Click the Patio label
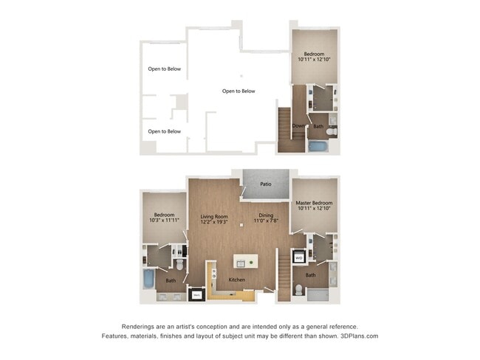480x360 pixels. [264, 184]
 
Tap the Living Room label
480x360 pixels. [213, 215]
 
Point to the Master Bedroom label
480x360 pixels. [314, 203]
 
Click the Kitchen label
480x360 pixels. [236, 280]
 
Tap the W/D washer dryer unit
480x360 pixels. [299, 258]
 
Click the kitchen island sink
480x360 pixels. [245, 262]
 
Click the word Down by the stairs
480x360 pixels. [298, 126]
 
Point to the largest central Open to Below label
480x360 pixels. [239, 91]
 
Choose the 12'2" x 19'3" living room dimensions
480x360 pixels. [213, 221]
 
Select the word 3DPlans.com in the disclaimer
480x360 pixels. [356, 336]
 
